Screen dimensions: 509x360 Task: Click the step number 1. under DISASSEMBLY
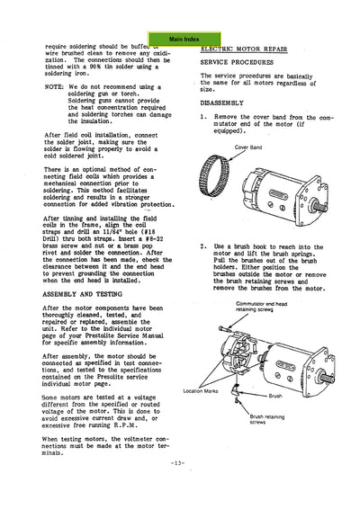click(x=203, y=117)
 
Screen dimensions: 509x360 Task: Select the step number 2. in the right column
click(x=203, y=246)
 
